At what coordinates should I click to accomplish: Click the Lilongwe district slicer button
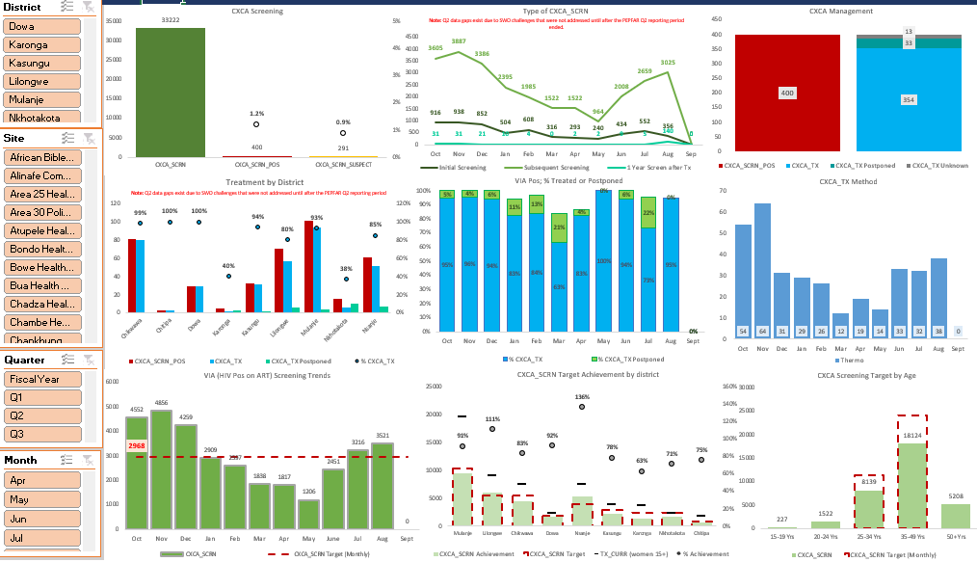click(x=41, y=82)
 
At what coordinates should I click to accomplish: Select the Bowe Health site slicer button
click(x=41, y=267)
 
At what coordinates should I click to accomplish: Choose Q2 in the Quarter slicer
click(x=41, y=415)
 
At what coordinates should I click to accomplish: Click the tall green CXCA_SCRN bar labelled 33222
click(x=170, y=92)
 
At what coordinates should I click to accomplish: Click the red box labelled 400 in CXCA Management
click(x=787, y=93)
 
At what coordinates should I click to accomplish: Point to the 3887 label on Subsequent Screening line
click(x=459, y=41)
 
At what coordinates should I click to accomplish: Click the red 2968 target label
click(x=136, y=445)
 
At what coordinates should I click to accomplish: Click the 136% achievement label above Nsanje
click(x=582, y=397)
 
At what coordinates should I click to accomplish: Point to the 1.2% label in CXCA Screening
click(x=256, y=113)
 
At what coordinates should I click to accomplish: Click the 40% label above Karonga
click(x=227, y=265)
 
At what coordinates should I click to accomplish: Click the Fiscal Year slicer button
click(x=41, y=379)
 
